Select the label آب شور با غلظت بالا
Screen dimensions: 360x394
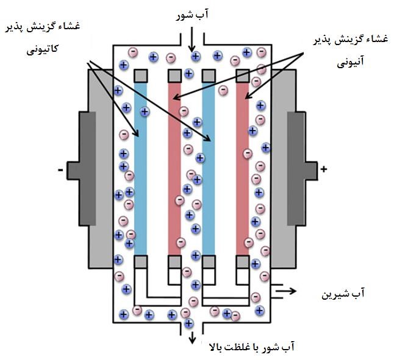[253, 347]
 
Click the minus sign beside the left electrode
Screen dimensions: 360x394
[60, 170]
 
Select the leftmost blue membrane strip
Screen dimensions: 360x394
[141, 168]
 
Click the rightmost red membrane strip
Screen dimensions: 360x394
[242, 168]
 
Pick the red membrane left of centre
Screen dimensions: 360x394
[174, 168]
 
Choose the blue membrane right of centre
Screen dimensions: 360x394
[209, 168]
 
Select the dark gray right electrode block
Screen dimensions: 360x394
[296, 169]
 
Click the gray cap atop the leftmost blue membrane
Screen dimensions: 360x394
[141, 76]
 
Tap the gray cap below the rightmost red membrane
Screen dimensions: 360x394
[242, 261]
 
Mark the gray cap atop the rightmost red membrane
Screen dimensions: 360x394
[242, 76]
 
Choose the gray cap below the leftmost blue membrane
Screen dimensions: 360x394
[141, 261]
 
